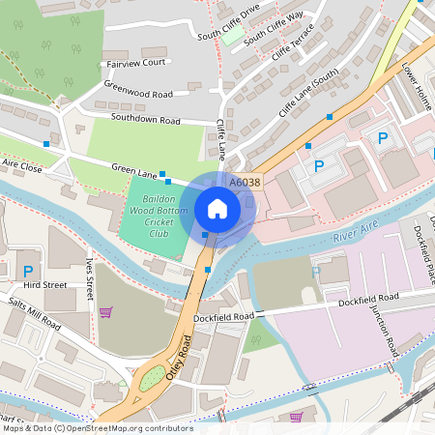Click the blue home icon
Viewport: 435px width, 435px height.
click(x=217, y=209)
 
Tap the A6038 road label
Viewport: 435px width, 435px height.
click(x=245, y=180)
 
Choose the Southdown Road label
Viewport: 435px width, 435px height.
click(x=146, y=121)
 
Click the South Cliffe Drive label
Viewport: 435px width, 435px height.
click(x=229, y=22)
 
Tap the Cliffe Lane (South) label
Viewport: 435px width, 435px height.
click(x=309, y=93)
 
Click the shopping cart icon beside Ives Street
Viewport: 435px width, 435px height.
click(x=105, y=311)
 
